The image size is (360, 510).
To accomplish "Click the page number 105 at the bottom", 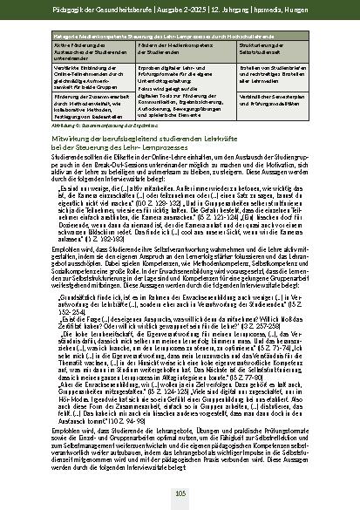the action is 180,493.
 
